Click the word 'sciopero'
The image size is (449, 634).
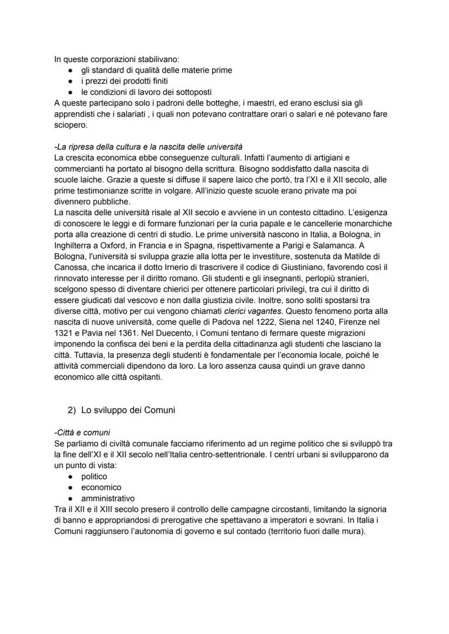pyautogui.click(x=69, y=125)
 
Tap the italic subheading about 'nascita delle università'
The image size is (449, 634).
pyautogui.click(x=149, y=147)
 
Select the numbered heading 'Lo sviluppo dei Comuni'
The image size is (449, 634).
pyautogui.click(x=128, y=410)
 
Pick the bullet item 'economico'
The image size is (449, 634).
pyautogui.click(x=101, y=487)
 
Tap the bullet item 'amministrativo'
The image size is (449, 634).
pyautogui.click(x=108, y=498)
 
